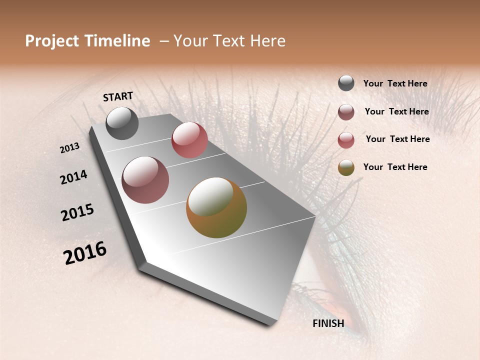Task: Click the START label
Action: (x=118, y=96)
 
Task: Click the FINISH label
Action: (x=328, y=323)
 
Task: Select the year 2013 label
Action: (x=70, y=148)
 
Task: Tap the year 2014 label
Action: (x=73, y=177)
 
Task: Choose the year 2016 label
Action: (x=85, y=253)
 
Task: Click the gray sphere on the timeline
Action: (x=122, y=123)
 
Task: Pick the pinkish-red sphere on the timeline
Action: (x=189, y=140)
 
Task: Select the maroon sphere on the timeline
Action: (x=145, y=180)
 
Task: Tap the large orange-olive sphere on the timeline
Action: (x=216, y=207)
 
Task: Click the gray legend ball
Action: (x=346, y=83)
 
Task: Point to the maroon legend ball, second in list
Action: (x=346, y=112)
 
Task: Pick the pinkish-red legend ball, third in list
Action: (x=346, y=140)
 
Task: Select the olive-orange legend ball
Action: (x=346, y=167)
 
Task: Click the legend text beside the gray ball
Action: (x=395, y=84)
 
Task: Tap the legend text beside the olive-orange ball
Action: (x=395, y=167)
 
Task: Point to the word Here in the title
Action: (x=268, y=41)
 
